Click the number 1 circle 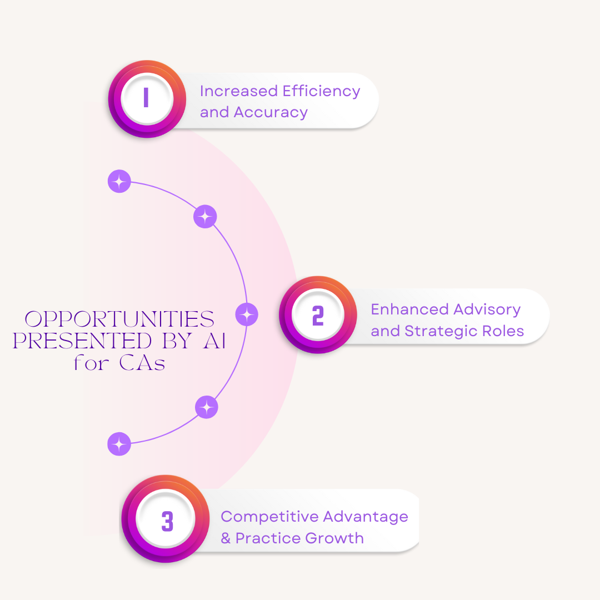click(146, 98)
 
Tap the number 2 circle click(317, 315)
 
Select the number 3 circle click(167, 522)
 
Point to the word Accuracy click(271, 112)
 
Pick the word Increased click(238, 91)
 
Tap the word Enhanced click(409, 309)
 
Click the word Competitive click(269, 517)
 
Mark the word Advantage click(366, 517)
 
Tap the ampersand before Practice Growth click(226, 538)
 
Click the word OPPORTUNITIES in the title click(120, 319)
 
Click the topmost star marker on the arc click(119, 181)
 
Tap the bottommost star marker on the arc click(119, 444)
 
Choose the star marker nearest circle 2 click(247, 314)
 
